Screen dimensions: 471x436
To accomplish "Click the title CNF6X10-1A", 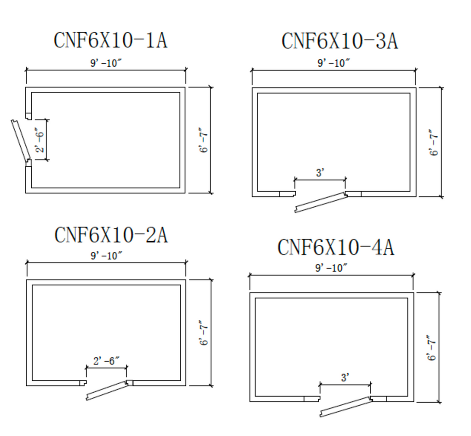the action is [110, 40].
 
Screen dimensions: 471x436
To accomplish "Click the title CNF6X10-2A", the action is [111, 235].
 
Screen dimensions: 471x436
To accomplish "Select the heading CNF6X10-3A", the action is [340, 41].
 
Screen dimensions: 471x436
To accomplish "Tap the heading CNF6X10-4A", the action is [336, 247].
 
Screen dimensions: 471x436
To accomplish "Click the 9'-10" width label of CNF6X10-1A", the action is [106, 63].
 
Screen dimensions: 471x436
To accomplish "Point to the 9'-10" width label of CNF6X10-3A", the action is [334, 63].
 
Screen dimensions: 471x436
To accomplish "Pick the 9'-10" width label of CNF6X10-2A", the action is [106, 256].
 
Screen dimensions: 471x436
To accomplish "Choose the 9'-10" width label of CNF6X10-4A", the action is [331, 268].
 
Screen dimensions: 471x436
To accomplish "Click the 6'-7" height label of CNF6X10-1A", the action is [203, 141].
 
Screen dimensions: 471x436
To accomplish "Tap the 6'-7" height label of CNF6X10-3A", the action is [433, 142].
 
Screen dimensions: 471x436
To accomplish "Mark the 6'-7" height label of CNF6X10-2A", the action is [204, 333].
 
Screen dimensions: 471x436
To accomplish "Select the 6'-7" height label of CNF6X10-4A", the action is [431, 348].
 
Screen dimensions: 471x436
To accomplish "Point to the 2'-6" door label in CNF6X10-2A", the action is [106, 361].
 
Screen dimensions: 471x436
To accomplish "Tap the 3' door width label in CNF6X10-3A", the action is [320, 173].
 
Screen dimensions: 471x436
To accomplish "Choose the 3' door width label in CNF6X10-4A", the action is [345, 378].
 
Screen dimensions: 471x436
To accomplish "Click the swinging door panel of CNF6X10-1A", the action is [20, 141].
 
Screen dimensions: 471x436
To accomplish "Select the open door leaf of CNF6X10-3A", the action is [321, 202].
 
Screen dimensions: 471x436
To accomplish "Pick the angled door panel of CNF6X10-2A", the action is [107, 391].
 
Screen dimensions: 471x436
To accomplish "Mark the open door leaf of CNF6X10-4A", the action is [346, 407].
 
